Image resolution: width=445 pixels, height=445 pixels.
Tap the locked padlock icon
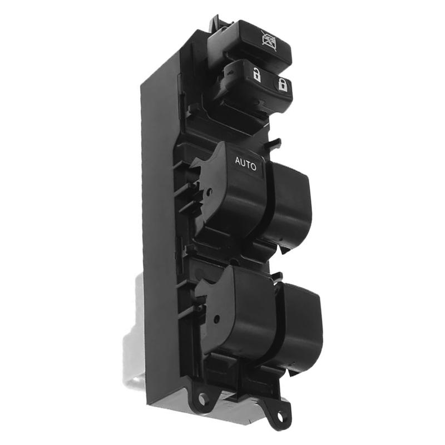(282, 85)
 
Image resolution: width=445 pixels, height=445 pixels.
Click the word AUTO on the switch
(245, 162)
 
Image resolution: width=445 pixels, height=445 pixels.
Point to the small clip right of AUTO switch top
(274, 144)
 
